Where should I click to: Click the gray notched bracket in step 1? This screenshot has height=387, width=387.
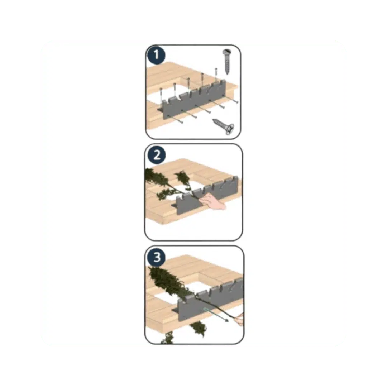[193, 102]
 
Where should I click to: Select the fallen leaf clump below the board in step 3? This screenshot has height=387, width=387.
[198, 328]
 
